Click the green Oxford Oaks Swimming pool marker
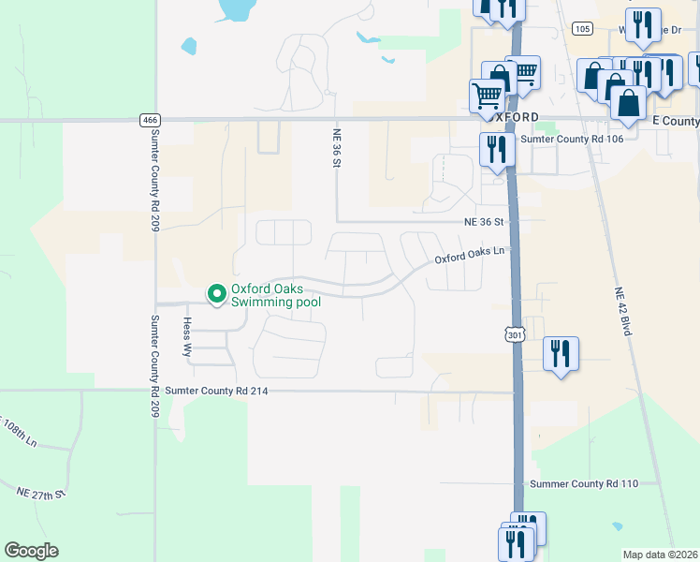pyautogui.click(x=217, y=294)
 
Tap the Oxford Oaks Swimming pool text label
pyautogui.click(x=276, y=295)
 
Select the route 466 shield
pyautogui.click(x=150, y=120)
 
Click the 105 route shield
pyautogui.click(x=582, y=29)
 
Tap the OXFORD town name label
pyautogui.click(x=515, y=116)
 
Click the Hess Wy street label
pyautogui.click(x=186, y=338)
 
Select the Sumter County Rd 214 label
pyautogui.click(x=216, y=391)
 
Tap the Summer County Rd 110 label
pyautogui.click(x=583, y=484)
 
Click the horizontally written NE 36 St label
pyautogui.click(x=484, y=223)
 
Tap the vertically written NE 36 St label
pyautogui.click(x=335, y=147)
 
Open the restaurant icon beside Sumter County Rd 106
pyautogui.click(x=494, y=149)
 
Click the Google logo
pyautogui.click(x=31, y=551)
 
